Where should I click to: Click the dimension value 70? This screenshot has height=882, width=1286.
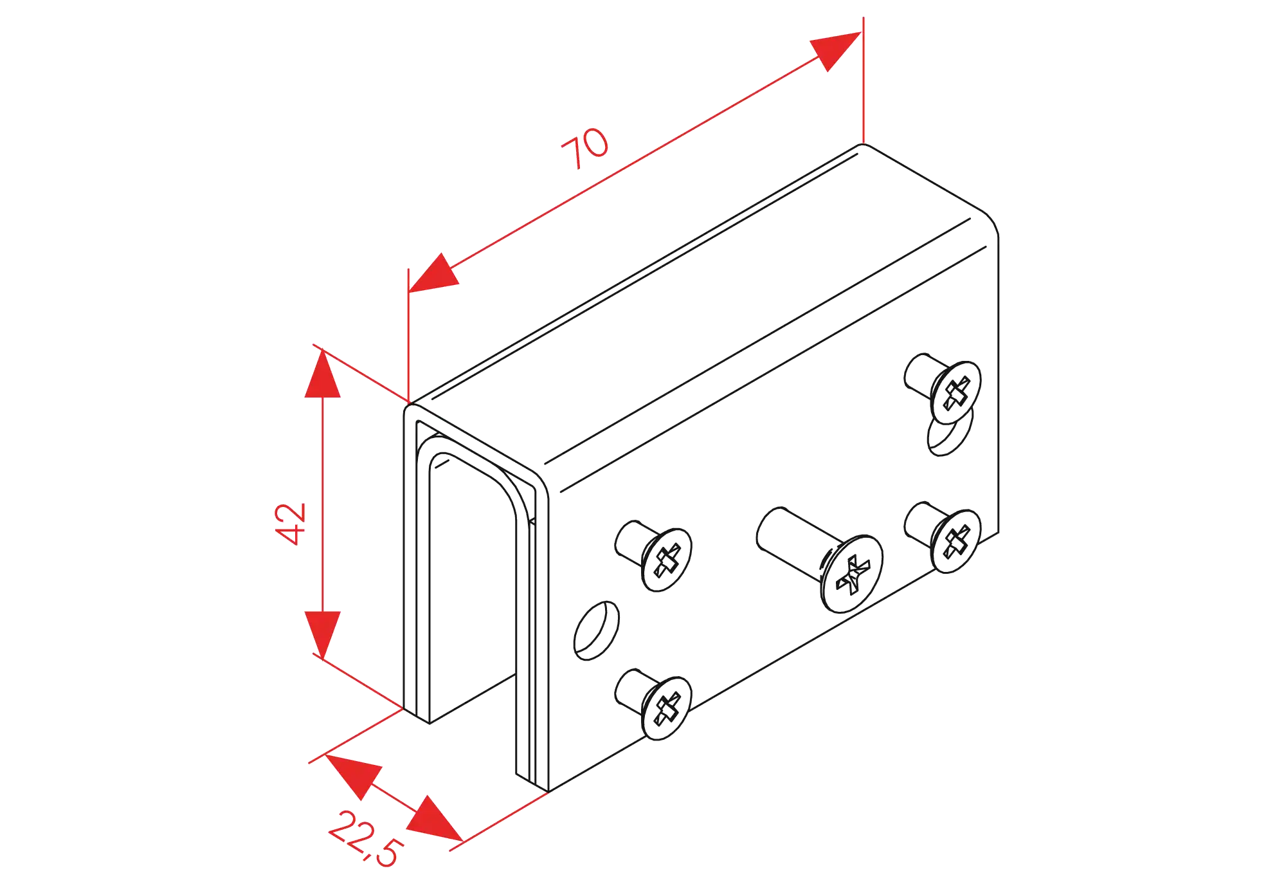click(x=584, y=149)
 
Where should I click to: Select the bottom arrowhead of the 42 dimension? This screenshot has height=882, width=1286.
click(x=322, y=633)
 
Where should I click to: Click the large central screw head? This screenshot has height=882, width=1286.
click(x=851, y=573)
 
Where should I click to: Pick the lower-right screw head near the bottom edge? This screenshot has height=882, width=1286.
click(x=955, y=541)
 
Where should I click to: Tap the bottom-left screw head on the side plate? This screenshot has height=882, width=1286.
click(x=667, y=707)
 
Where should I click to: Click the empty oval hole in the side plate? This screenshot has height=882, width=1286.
click(x=596, y=630)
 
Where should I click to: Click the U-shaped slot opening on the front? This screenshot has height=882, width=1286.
click(x=473, y=579)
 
